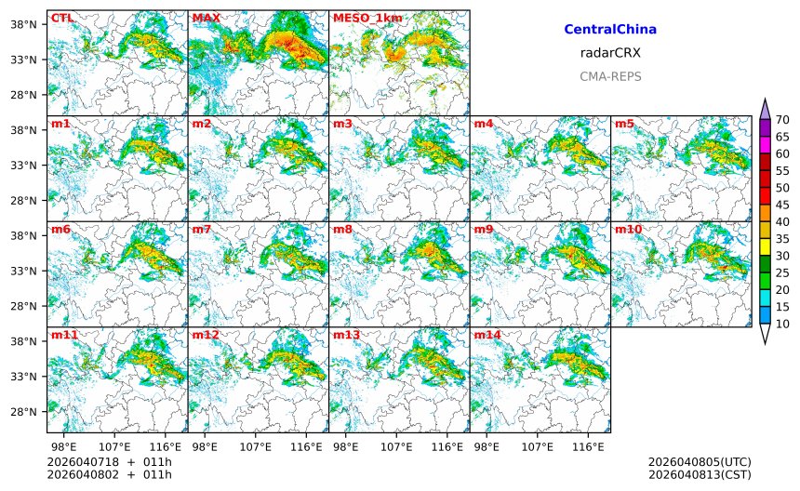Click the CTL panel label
click(x=62, y=18)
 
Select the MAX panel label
click(x=206, y=18)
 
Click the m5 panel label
click(x=623, y=124)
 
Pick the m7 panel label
click(x=202, y=229)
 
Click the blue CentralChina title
click(x=610, y=30)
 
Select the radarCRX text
click(x=610, y=53)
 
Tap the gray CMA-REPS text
click(x=610, y=76)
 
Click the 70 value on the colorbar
click(x=783, y=119)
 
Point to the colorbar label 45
click(x=783, y=205)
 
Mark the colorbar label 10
click(x=783, y=324)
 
